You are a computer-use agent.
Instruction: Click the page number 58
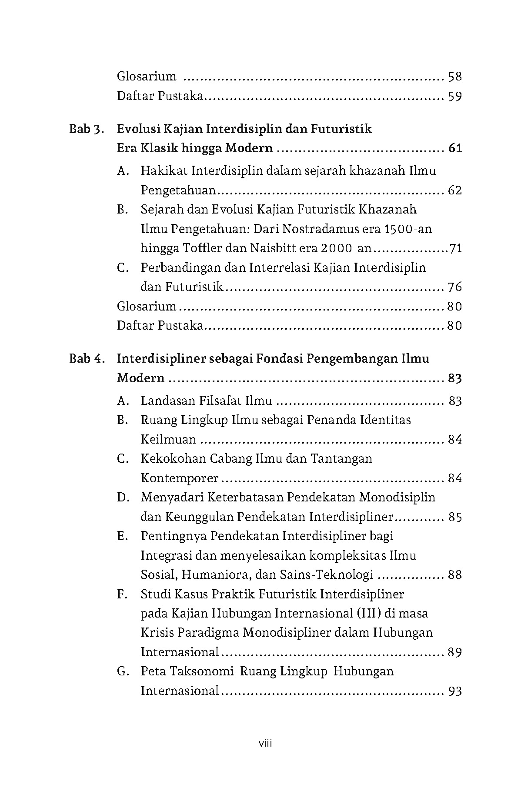454,77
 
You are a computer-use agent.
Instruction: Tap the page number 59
454,96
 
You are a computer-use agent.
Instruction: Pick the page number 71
455,249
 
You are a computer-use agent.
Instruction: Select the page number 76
454,287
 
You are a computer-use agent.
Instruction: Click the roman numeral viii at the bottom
265,743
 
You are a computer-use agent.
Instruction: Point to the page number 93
454,691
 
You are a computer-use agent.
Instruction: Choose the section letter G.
123,671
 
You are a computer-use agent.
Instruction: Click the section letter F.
122,594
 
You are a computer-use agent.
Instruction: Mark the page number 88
454,575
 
